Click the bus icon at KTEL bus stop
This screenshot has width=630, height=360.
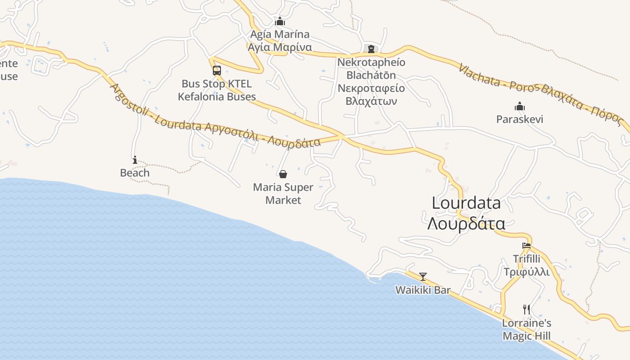coord(217,71)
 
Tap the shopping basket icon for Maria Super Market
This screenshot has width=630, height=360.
coord(283,174)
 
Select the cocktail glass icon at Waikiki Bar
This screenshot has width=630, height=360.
coord(423,276)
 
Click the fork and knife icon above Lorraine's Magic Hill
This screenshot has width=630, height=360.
coord(526,309)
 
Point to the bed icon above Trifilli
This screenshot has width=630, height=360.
coord(526,246)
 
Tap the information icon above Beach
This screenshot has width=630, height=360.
coord(135,160)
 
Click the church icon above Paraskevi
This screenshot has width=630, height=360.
coord(520,107)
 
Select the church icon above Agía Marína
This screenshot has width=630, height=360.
coord(280,21)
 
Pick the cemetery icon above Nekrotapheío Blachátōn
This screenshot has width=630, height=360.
coord(371,49)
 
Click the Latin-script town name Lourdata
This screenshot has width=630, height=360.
coord(466,203)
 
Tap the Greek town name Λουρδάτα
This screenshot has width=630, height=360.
coord(466,223)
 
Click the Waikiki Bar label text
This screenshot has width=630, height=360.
coord(423,290)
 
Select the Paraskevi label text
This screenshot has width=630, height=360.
coord(520,119)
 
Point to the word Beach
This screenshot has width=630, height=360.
coord(135,173)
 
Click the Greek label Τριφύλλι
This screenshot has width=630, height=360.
coord(526,272)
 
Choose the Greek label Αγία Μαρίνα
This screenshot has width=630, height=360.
coord(280,47)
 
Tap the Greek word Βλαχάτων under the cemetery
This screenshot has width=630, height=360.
coord(371,101)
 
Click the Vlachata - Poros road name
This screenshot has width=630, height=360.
coord(497,80)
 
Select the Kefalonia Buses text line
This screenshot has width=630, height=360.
coord(217,96)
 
